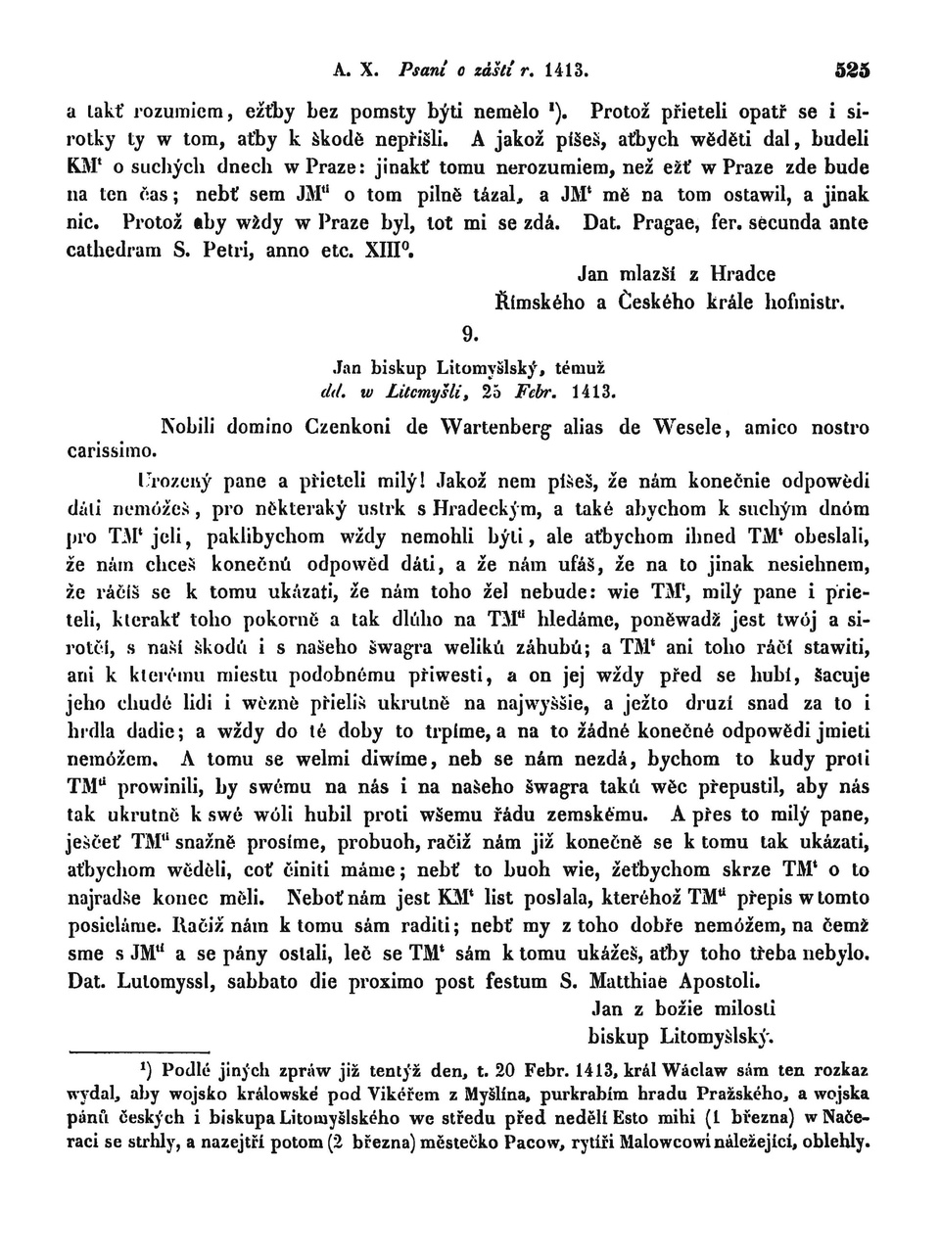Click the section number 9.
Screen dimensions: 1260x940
[x=469, y=334]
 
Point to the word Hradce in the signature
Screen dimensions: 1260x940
[x=742, y=274]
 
